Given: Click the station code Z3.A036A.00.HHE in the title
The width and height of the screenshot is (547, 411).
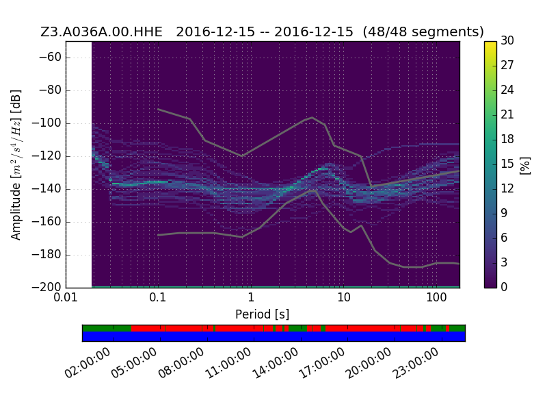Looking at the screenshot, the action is point(101,32).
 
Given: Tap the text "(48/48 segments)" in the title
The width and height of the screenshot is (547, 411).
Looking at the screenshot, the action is point(423,32).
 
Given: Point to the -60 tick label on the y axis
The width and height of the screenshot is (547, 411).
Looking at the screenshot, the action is point(50,57).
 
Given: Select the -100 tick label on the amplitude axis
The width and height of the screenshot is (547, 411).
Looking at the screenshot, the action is point(46,123).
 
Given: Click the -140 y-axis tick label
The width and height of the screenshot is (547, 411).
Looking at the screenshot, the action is point(46,189).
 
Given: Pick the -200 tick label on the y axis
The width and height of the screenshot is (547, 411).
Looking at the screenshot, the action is point(46,287).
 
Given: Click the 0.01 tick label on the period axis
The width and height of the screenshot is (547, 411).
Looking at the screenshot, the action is point(66,297).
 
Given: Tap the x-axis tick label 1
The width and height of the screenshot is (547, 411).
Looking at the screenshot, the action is point(251,297).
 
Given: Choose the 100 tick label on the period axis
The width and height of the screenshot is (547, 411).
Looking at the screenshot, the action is point(436,297).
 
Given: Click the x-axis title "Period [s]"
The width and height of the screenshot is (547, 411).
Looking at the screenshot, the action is point(263,314).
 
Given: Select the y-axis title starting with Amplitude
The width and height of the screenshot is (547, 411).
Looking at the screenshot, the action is point(16,164).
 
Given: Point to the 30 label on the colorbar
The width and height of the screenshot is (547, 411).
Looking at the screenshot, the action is point(507,40).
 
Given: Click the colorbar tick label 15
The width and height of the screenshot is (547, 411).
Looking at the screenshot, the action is point(507,164).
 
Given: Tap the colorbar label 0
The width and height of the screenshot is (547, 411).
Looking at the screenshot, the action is point(504,287).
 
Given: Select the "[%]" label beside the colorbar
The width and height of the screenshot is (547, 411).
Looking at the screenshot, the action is point(525,165).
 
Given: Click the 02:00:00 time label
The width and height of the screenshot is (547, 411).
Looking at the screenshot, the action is point(88,363).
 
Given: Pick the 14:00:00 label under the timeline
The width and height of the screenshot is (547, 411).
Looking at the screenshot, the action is point(276,363).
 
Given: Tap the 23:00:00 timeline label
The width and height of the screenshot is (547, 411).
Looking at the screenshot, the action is point(416,363).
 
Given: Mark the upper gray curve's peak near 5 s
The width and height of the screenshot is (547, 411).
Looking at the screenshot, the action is point(312,117).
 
